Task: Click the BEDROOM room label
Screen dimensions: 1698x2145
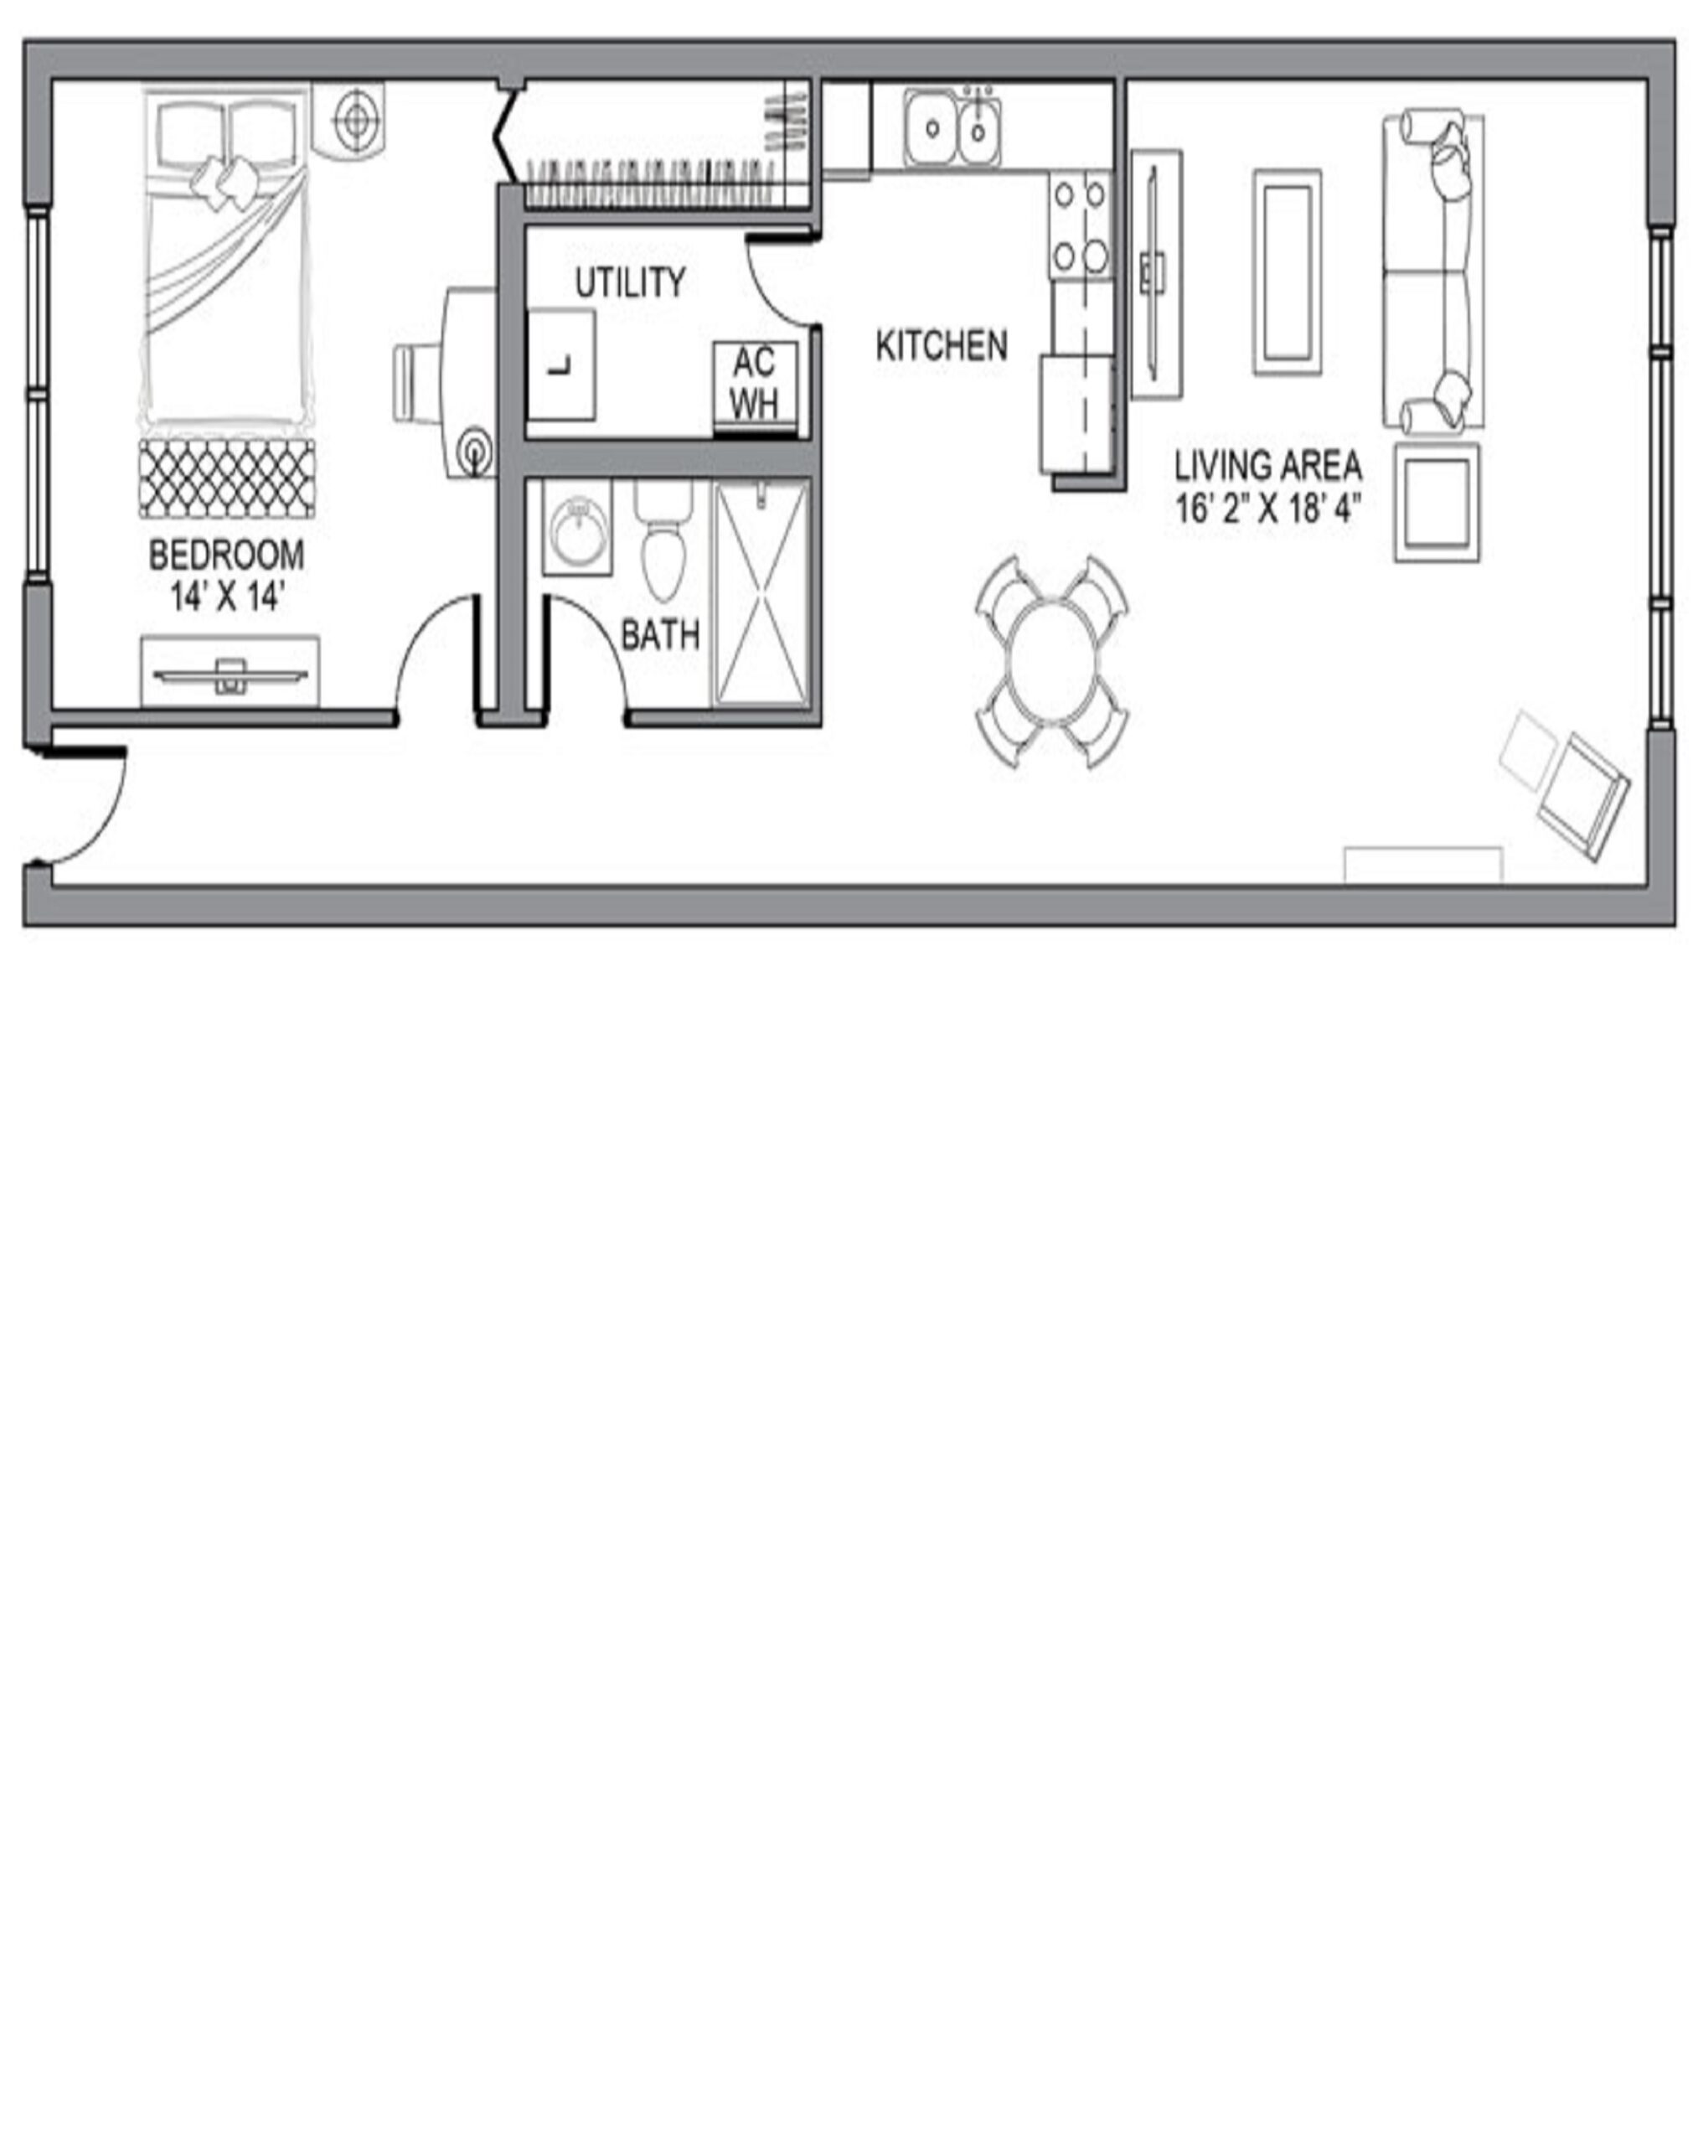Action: [x=227, y=555]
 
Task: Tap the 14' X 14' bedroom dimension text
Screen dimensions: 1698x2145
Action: [x=228, y=597]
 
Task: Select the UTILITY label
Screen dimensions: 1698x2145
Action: [x=630, y=282]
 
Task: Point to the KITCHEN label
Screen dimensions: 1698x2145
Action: [x=942, y=345]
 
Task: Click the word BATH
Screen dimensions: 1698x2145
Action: [x=660, y=634]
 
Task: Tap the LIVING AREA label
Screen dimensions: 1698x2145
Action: [x=1267, y=465]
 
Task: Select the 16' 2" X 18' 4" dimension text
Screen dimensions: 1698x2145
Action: [x=1267, y=509]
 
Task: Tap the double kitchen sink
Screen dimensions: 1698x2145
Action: [x=952, y=127]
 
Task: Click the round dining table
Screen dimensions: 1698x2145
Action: [x=1052, y=662]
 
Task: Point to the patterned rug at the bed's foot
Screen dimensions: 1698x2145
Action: [x=228, y=478]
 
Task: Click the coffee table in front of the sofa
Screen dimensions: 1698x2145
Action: [x=1288, y=272]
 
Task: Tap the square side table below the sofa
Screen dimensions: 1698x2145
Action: [x=1437, y=502]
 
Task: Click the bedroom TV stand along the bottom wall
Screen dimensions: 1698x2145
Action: [x=230, y=671]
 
